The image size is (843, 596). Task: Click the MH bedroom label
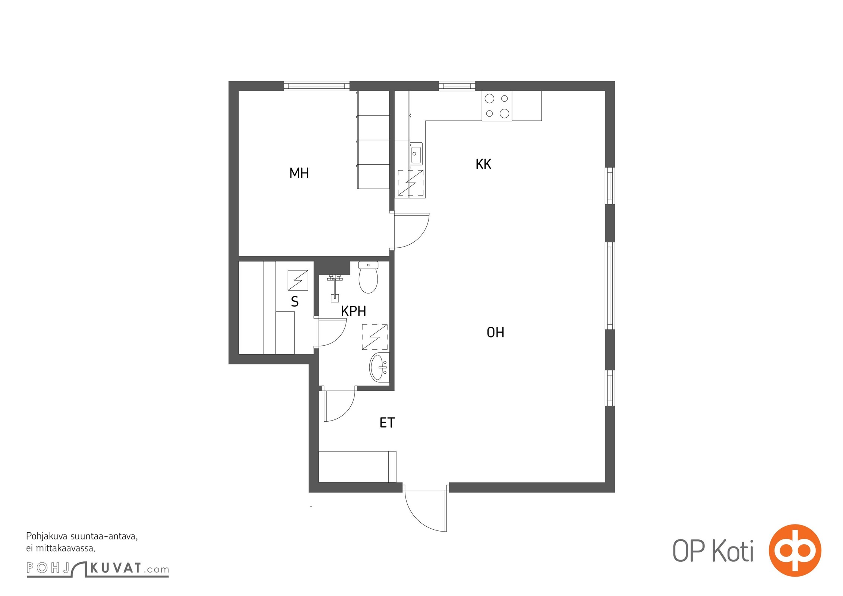point(299,173)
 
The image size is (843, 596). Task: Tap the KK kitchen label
point(483,164)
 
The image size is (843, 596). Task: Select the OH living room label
point(495,332)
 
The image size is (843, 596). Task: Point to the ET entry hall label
point(387,423)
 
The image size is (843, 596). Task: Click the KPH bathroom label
point(353,311)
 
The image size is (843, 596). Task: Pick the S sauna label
point(295,302)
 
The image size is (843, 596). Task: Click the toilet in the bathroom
point(368,277)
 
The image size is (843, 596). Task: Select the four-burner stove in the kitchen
point(497,106)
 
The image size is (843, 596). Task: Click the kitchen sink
point(416,153)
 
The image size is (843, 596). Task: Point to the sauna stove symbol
point(298,280)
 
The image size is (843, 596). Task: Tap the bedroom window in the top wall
point(316,86)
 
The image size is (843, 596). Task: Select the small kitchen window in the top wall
point(457,86)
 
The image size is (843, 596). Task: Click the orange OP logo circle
point(795,551)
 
